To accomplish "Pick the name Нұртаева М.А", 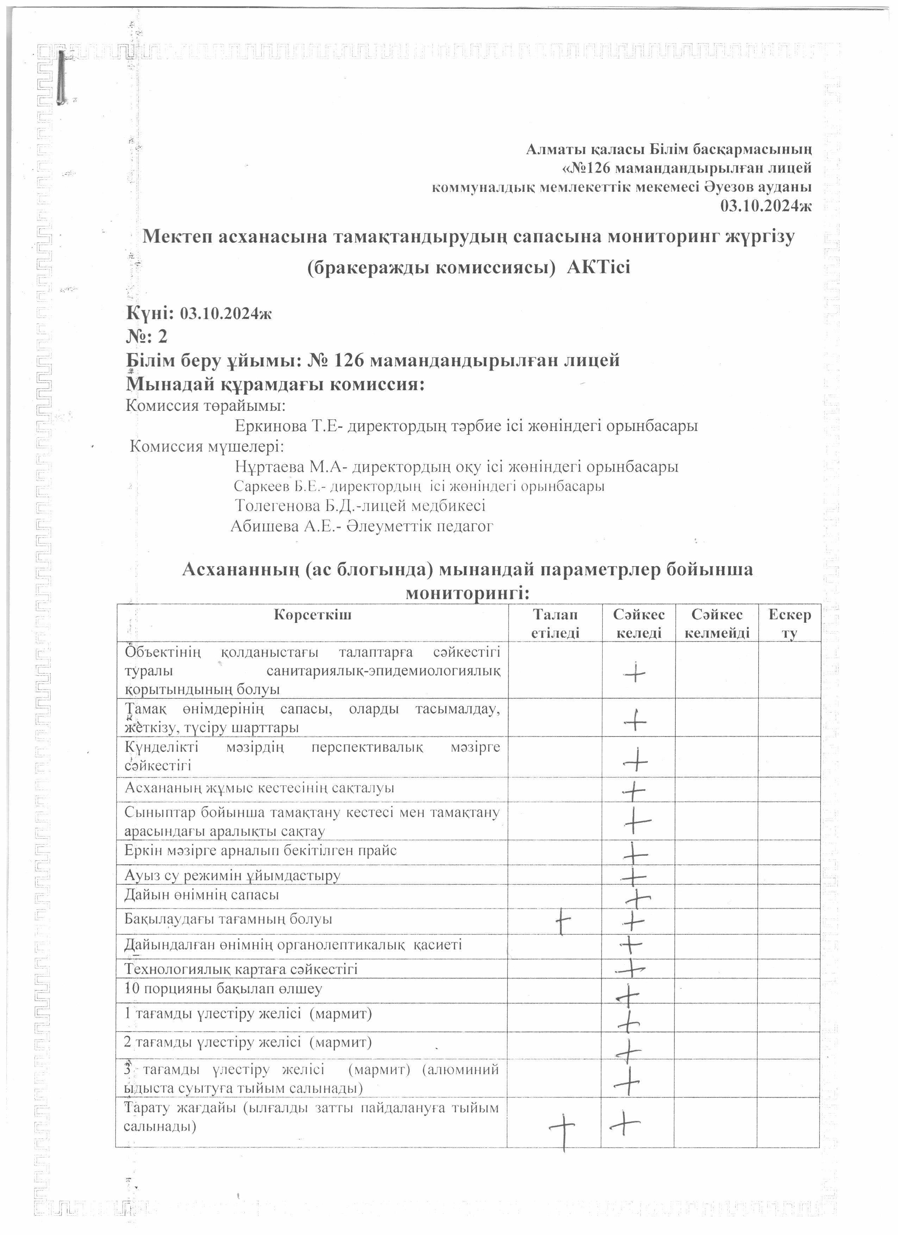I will [x=285, y=467].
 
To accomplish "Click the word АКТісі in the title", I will [x=598, y=267].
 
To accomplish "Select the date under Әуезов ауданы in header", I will [x=766, y=206].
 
